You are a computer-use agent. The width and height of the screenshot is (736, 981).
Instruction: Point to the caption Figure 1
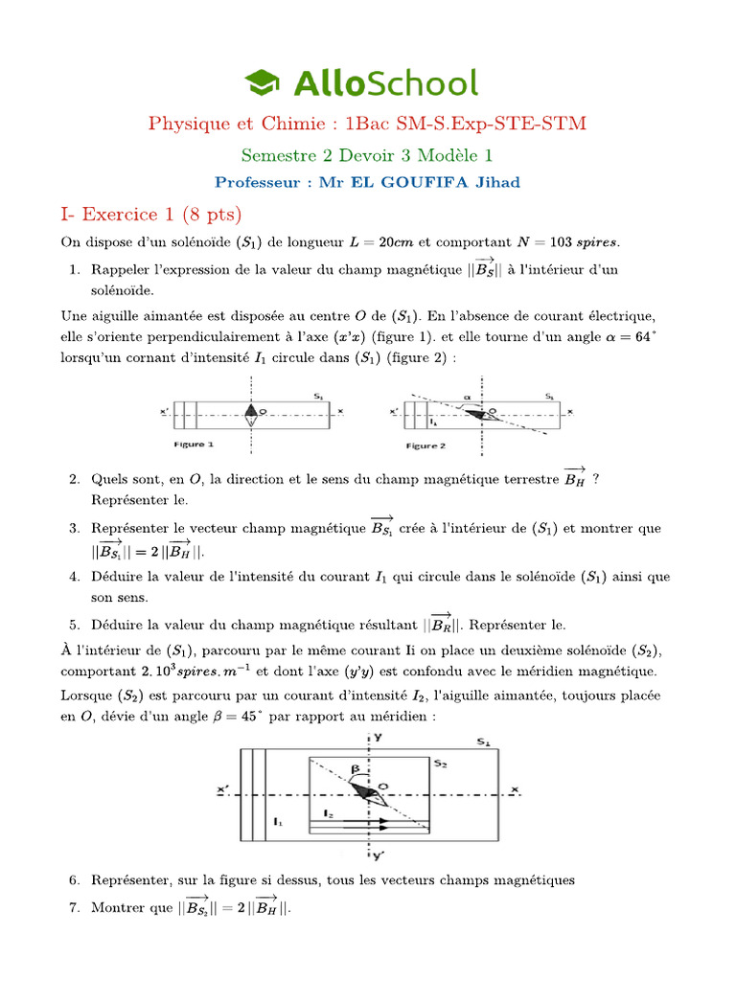[x=194, y=445]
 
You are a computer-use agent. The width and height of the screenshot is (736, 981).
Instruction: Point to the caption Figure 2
[x=425, y=445]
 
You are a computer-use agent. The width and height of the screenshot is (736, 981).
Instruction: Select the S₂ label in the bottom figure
[x=440, y=763]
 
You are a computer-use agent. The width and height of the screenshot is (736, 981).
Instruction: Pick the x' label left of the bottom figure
[x=222, y=789]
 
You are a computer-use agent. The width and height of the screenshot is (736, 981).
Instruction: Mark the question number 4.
[x=74, y=577]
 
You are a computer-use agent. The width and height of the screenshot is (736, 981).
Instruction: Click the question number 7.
[x=74, y=907]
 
